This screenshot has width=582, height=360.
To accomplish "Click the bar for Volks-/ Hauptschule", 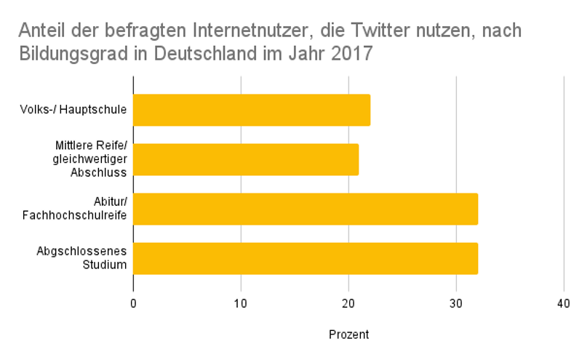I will click(x=252, y=110).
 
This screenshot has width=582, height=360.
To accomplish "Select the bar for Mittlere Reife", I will click(x=246, y=159).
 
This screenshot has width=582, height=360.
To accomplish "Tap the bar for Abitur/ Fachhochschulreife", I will click(x=306, y=209).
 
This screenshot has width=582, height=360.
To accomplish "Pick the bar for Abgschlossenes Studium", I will click(x=306, y=258).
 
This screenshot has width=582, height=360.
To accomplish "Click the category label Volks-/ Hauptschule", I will click(x=74, y=110).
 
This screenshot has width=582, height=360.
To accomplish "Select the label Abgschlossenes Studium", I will click(x=82, y=258).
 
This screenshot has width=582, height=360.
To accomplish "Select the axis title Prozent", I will click(x=348, y=335).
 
